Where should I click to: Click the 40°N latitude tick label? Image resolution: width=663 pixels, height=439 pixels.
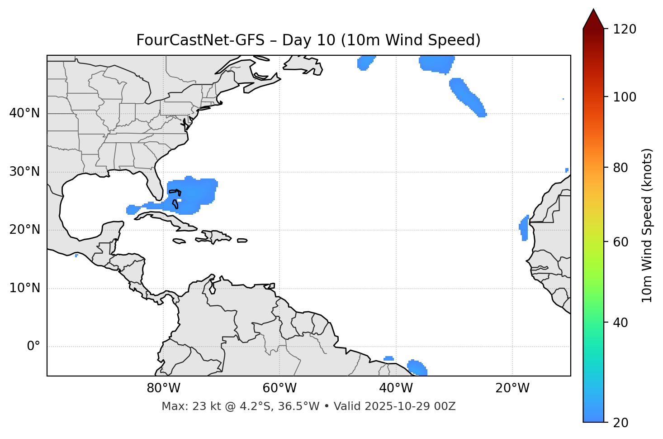[24, 113]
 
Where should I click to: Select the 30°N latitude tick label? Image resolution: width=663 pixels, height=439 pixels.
[24, 172]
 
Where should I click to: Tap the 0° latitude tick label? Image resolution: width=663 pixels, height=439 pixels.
[33, 347]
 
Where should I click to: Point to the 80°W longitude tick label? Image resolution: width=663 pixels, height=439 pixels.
[163, 388]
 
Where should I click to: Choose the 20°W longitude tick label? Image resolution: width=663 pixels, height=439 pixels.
[512, 388]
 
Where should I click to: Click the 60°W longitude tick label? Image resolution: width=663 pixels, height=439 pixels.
[279, 388]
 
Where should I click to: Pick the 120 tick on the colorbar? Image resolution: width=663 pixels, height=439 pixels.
[625, 29]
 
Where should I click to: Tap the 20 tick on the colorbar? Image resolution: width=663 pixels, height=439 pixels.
[620, 422]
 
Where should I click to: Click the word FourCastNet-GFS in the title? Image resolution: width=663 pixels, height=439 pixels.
[200, 40]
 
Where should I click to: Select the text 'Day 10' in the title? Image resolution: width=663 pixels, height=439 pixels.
[309, 40]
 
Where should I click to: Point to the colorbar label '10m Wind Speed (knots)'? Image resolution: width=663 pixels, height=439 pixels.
[647, 225]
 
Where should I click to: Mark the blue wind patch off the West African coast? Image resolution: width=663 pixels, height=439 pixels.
[524, 228]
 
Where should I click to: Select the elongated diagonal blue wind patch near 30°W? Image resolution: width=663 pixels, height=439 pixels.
[468, 97]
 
